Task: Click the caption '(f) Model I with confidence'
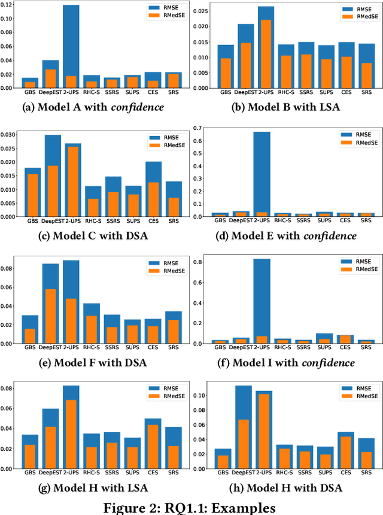coord(285,362)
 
